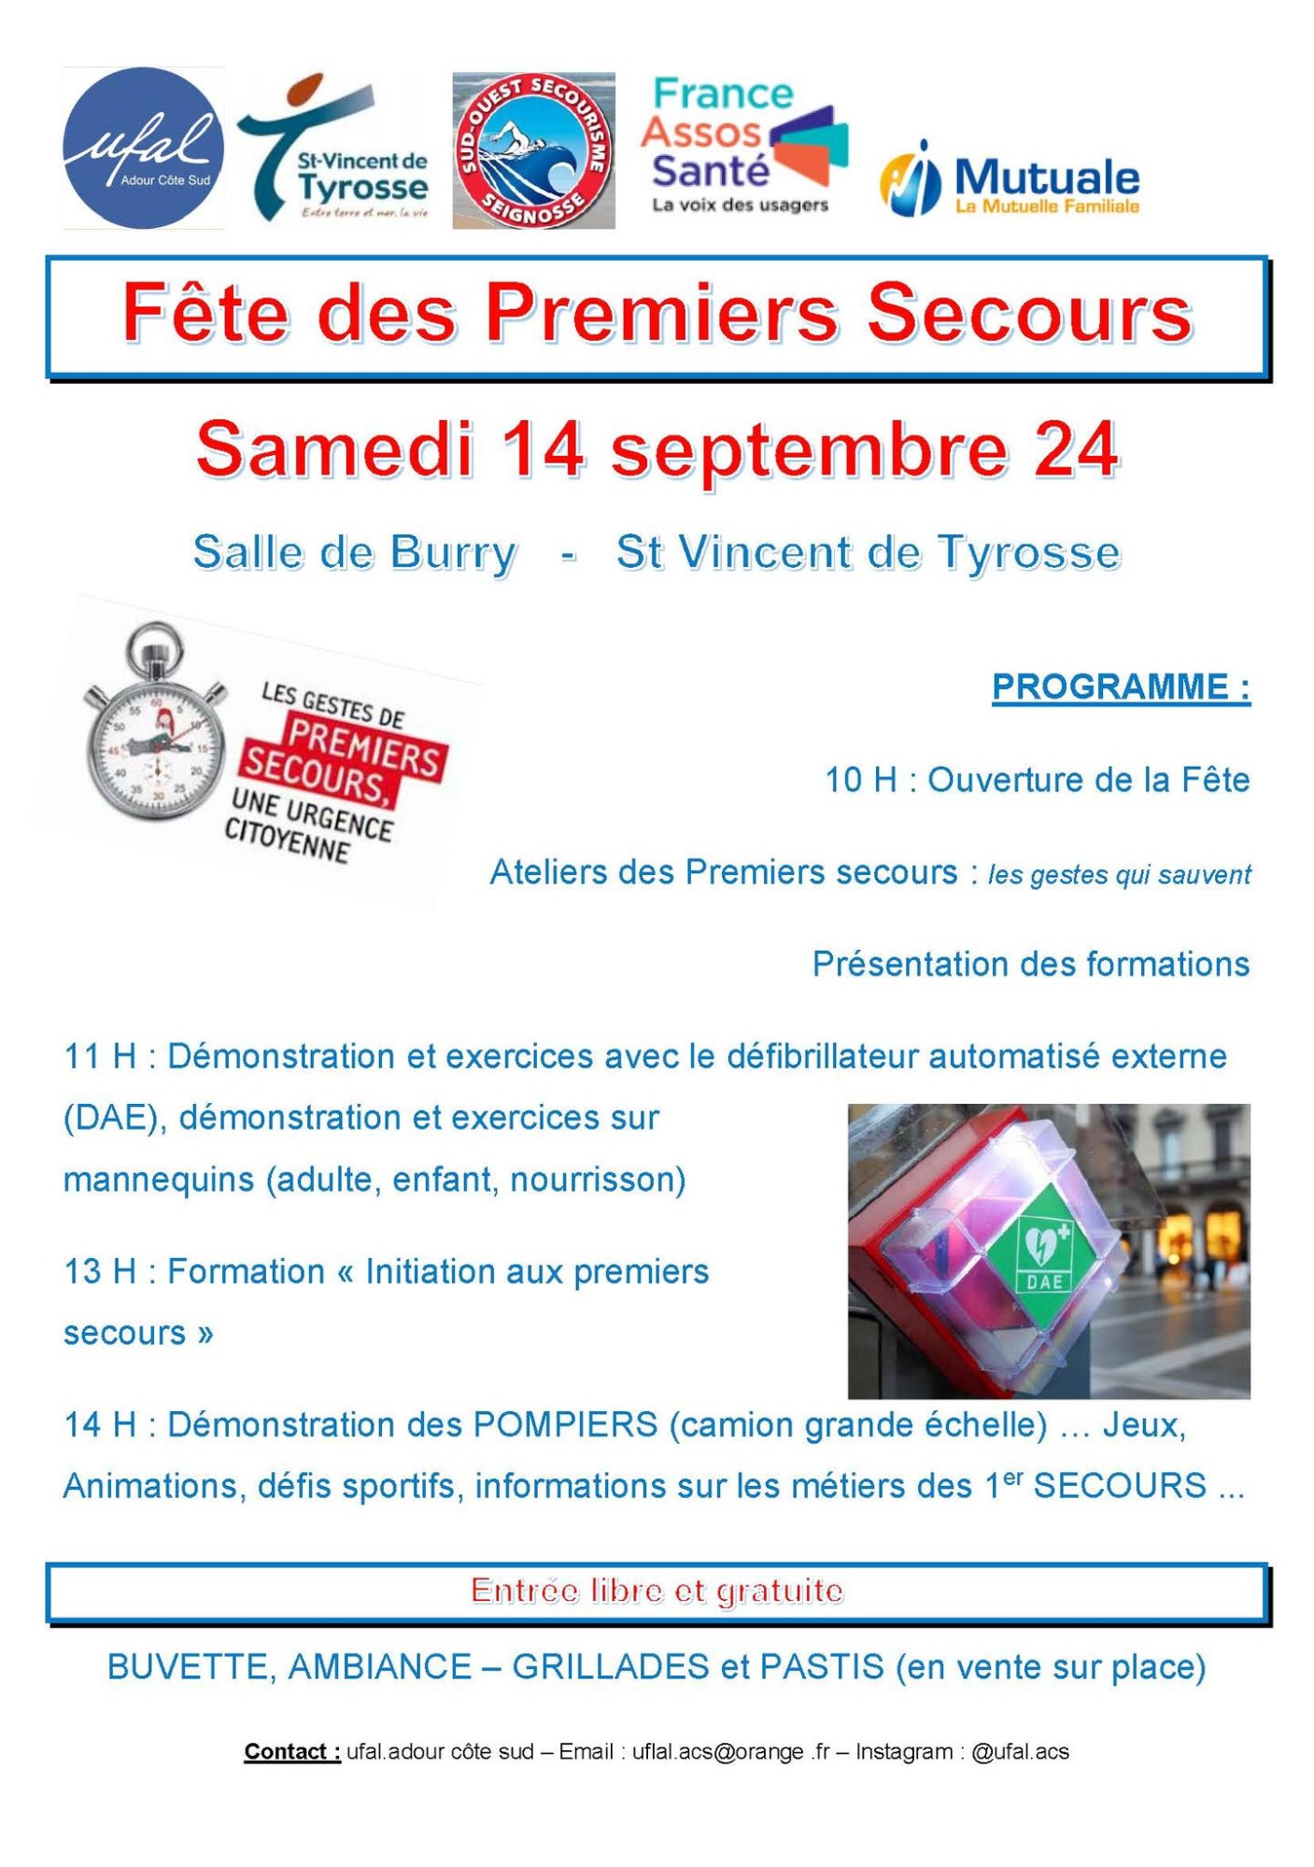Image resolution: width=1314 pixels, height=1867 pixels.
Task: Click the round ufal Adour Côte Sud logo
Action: (x=143, y=148)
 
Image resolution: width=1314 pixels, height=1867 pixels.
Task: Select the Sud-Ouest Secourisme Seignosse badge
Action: (x=533, y=150)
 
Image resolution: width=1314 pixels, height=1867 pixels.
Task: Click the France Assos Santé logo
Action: (x=743, y=145)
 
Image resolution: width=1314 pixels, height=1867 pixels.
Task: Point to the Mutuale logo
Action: (x=1010, y=178)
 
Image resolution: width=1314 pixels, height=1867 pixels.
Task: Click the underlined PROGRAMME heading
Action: (x=1120, y=686)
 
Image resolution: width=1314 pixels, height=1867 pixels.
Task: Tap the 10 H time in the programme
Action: (x=860, y=779)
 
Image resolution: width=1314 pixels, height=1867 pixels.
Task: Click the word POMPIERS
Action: (x=565, y=1424)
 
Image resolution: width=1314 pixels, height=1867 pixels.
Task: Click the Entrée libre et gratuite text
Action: (x=657, y=1590)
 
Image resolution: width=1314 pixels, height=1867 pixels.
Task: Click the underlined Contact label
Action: (x=291, y=1751)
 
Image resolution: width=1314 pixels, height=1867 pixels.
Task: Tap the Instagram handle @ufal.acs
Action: (x=1020, y=1751)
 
